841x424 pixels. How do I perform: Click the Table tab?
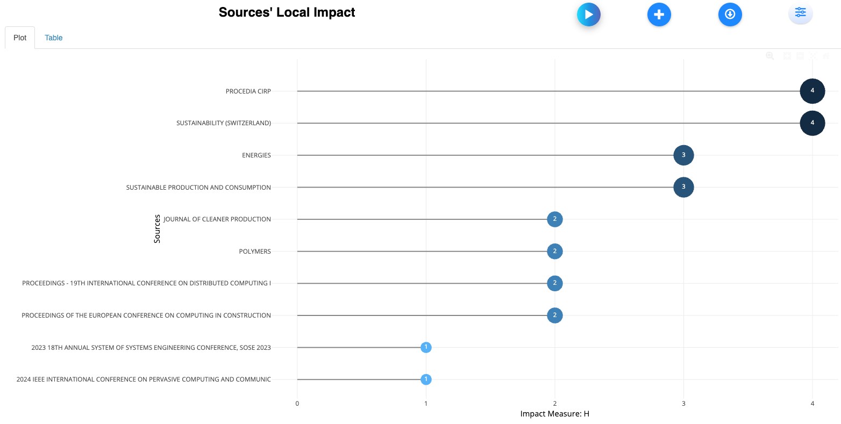[53, 38]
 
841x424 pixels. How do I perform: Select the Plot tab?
[20, 38]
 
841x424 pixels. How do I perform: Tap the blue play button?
[588, 15]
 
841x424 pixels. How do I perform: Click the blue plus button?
[659, 15]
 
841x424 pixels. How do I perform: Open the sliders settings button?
[800, 13]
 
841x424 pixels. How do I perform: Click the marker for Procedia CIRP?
[812, 91]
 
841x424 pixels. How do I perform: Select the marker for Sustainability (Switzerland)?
[812, 123]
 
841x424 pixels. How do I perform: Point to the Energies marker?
[683, 155]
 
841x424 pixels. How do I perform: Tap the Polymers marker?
[554, 251]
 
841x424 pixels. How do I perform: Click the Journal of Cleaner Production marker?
[554, 219]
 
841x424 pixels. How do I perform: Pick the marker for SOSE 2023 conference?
[426, 347]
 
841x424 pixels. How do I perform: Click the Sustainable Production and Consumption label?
[198, 188]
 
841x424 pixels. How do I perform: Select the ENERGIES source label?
[256, 155]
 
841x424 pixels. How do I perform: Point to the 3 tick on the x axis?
[683, 404]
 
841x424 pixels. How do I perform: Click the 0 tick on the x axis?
[297, 404]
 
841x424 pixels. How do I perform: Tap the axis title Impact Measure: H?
[554, 414]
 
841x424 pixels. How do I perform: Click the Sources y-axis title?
[157, 229]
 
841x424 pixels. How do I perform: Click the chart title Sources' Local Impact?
[287, 12]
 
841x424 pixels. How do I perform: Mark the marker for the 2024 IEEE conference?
[426, 379]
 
